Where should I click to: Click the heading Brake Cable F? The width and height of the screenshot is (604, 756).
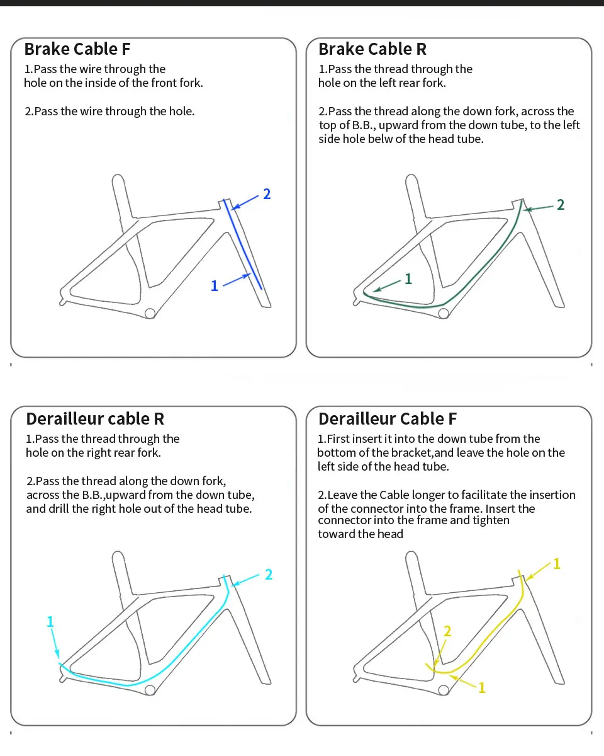(x=77, y=49)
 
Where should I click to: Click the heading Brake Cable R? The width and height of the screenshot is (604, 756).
(x=372, y=49)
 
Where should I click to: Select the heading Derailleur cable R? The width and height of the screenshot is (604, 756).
(x=96, y=419)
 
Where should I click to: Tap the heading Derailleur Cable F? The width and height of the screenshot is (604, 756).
(x=388, y=419)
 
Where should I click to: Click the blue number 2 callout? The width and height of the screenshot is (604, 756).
(x=267, y=194)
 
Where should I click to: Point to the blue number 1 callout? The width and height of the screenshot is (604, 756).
(x=214, y=286)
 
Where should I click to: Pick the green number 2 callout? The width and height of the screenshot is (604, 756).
(x=561, y=205)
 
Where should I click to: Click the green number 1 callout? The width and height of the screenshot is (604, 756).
(x=408, y=278)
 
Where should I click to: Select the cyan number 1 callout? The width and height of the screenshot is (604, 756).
(x=50, y=622)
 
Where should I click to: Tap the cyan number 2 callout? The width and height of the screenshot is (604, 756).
(x=269, y=575)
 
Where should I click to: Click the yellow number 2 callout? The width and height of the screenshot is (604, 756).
(x=447, y=631)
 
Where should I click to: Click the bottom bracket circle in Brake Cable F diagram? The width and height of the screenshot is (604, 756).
(x=150, y=313)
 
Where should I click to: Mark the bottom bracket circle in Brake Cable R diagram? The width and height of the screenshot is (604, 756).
(x=444, y=313)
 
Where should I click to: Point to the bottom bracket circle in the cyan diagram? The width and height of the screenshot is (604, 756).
(x=150, y=690)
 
